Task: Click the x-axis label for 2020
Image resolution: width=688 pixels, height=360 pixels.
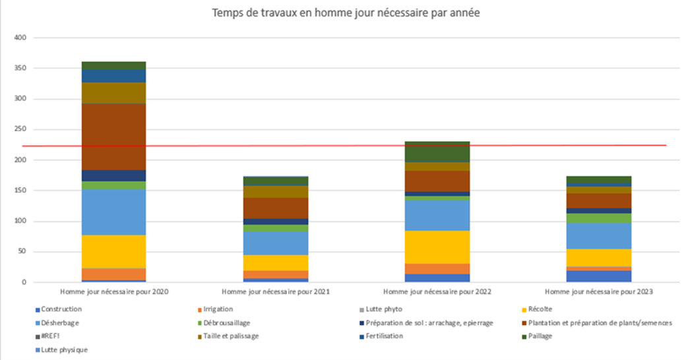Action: pyautogui.click(x=113, y=291)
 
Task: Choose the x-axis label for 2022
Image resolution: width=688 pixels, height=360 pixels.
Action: pyautogui.click(x=437, y=291)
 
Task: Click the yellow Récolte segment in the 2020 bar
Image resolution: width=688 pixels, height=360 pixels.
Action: pyautogui.click(x=113, y=251)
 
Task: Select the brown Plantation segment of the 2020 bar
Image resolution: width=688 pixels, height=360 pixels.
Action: pyautogui.click(x=113, y=136)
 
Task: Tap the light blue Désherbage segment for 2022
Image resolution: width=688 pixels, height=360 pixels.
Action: pyautogui.click(x=437, y=215)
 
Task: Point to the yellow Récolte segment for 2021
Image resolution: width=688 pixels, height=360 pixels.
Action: pyautogui.click(x=275, y=262)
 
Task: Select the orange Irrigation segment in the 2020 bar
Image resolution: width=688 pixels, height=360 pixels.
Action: pyautogui.click(x=113, y=274)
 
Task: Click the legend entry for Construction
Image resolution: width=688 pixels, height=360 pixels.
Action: pyautogui.click(x=61, y=309)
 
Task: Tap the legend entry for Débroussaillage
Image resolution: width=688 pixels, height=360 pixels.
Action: pyautogui.click(x=226, y=322)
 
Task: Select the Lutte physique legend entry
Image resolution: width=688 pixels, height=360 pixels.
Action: pyautogui.click(x=64, y=350)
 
